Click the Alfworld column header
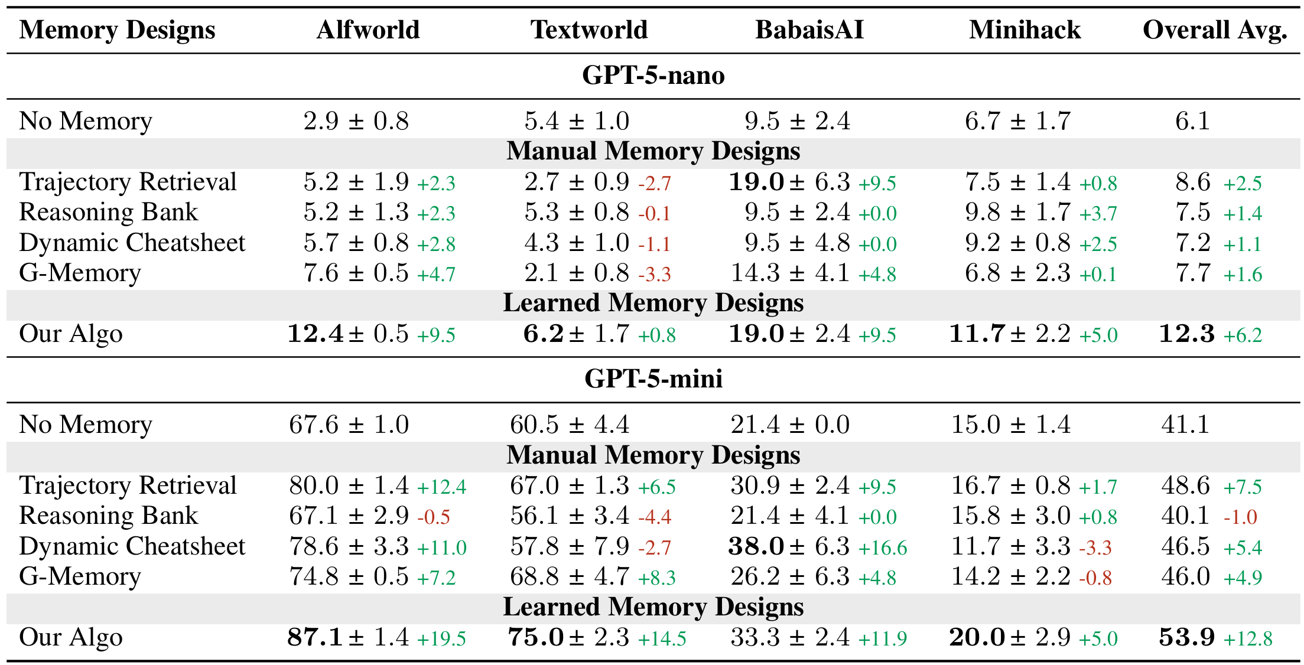point(368,30)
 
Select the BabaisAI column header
point(809,30)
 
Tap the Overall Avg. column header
point(1214,30)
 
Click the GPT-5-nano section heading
point(653,76)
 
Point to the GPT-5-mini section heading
point(653,379)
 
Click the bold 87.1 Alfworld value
point(315,637)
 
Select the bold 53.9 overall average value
point(1186,637)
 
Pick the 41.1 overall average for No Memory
point(1185,425)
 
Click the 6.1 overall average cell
point(1192,121)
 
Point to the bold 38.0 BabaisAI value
point(756,546)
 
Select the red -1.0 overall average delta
point(1240,517)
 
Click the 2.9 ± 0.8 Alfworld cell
point(356,121)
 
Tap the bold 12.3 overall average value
point(1186,334)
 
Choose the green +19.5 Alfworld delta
point(441,638)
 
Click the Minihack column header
point(1025,30)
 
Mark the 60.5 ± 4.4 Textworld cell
point(570,425)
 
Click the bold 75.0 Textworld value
point(535,637)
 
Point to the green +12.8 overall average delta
point(1247,638)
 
